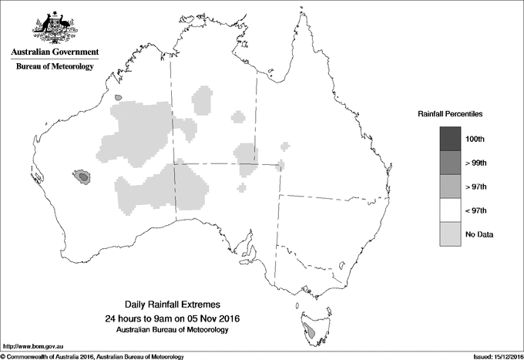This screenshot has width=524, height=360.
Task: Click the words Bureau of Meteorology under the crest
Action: tap(54, 67)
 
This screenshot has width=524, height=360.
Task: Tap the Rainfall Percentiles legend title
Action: tap(450, 113)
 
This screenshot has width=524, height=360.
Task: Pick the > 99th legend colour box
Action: tap(450, 163)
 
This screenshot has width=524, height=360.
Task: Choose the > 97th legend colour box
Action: tap(450, 187)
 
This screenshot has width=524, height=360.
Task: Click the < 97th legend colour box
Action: tap(450, 210)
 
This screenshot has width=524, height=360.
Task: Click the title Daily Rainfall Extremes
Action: tap(173, 304)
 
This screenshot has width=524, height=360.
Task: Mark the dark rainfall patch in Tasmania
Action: tap(310, 333)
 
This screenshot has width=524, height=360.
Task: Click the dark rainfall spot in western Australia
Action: tap(82, 177)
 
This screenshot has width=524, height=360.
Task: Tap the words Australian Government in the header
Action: tap(54, 52)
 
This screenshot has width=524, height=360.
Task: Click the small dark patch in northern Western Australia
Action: tap(116, 98)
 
